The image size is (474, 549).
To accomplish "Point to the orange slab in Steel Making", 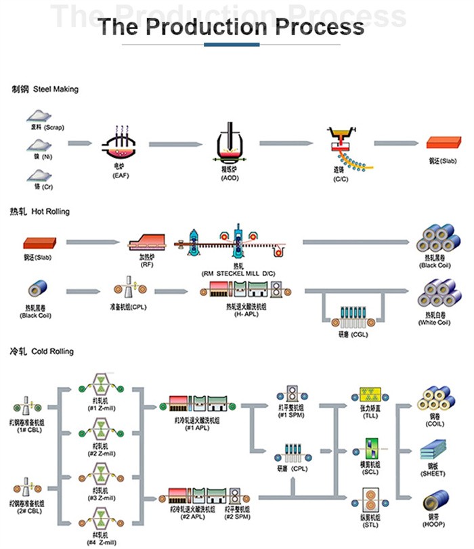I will tap(444, 143).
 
